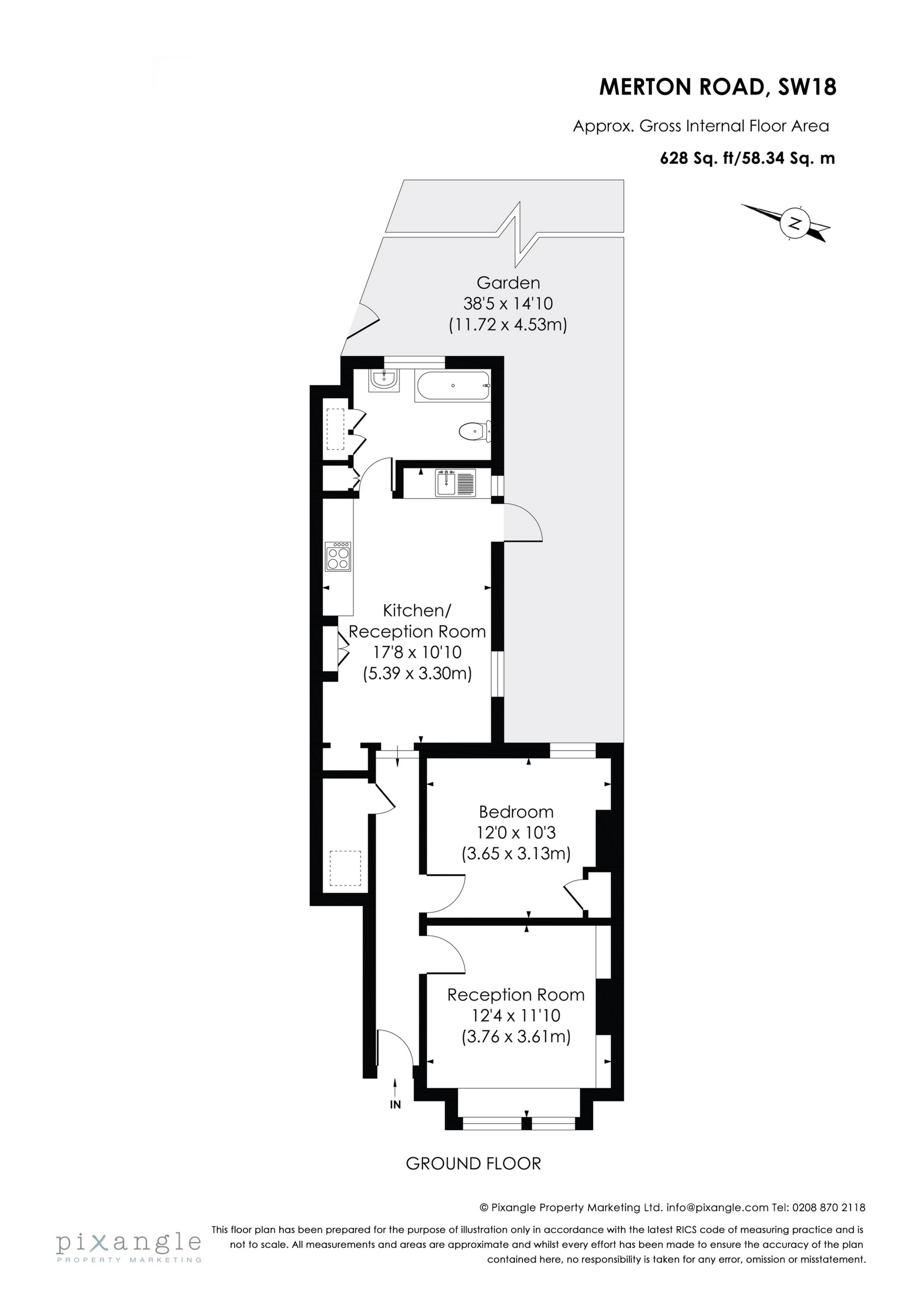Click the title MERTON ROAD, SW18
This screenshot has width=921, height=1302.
point(717,87)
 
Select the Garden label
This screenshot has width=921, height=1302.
point(508,282)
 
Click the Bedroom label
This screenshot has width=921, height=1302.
point(516,811)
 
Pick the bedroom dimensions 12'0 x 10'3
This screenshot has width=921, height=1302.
point(516,832)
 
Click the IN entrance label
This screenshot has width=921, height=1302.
point(395,1105)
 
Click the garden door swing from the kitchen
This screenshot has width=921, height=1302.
point(523,523)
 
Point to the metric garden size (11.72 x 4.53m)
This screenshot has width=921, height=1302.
point(508,325)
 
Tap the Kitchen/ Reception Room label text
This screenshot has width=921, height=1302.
point(417,621)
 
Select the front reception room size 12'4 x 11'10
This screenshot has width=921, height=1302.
point(516,1015)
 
